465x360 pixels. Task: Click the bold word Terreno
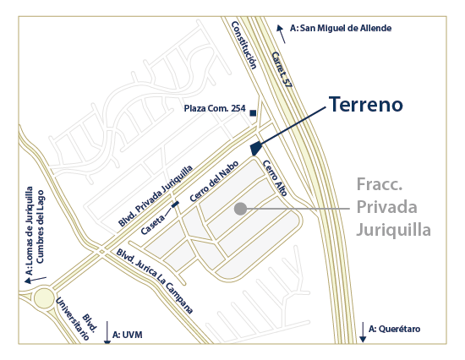click(x=365, y=105)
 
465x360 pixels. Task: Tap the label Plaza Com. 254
click(x=215, y=109)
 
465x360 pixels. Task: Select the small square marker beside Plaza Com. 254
click(x=253, y=112)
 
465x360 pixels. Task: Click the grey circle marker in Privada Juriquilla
click(x=240, y=208)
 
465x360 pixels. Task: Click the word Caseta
click(x=154, y=223)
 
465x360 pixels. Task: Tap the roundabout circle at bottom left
click(x=46, y=298)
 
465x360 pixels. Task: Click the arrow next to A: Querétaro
click(x=362, y=333)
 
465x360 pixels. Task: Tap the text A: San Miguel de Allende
click(x=340, y=28)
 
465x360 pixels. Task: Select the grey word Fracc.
click(x=378, y=184)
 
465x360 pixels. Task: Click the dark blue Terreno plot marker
click(x=254, y=148)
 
